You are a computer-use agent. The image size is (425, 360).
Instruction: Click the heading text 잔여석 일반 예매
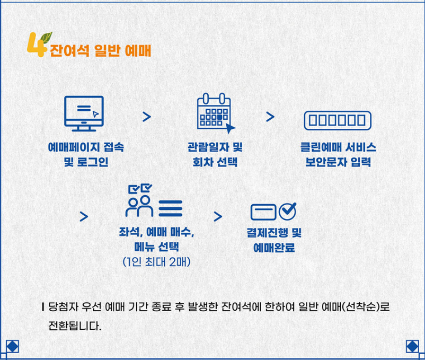[x=101, y=52]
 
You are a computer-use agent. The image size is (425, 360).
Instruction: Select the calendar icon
[x=214, y=112]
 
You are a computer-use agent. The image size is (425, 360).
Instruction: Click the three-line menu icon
[x=170, y=209]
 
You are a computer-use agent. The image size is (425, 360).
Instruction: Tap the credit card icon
[x=263, y=212]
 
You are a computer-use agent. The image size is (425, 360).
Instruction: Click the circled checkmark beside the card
[x=288, y=211]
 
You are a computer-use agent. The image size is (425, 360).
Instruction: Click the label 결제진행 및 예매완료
[x=274, y=240]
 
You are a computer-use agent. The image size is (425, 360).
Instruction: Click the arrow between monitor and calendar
[x=147, y=116]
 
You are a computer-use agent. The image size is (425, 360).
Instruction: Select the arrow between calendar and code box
[x=270, y=116]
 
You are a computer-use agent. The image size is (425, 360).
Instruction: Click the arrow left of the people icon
[x=83, y=216]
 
